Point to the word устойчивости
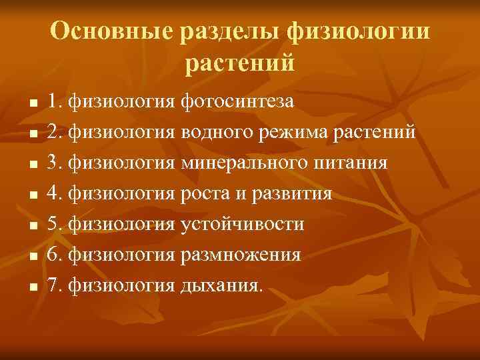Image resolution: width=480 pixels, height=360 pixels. click(x=242, y=225)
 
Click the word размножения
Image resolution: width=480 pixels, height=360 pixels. click(x=241, y=255)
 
